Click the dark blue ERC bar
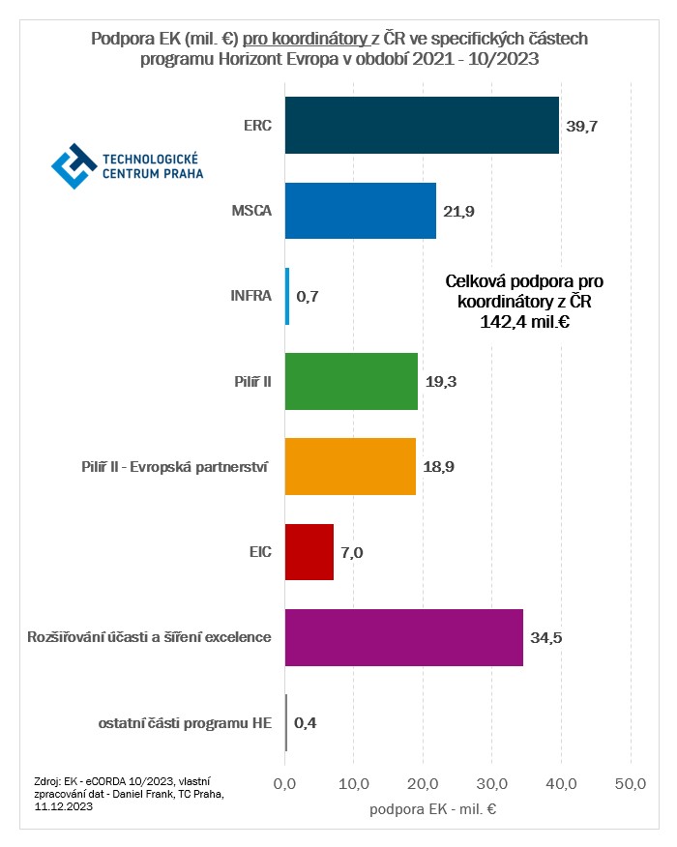tap(422, 126)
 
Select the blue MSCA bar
tap(360, 211)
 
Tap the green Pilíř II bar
tap(351, 381)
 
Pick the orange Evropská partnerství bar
tap(350, 466)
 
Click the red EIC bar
tap(309, 551)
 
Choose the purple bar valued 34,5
tap(403, 637)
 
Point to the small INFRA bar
tap(287, 296)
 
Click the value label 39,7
tap(582, 126)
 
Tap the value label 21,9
tap(459, 211)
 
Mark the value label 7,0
tap(352, 552)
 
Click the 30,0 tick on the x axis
tap(492, 782)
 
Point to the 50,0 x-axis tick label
tap(631, 782)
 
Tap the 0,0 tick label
tap(285, 782)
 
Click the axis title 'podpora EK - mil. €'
tap(432, 809)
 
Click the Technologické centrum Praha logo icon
tap(74, 165)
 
